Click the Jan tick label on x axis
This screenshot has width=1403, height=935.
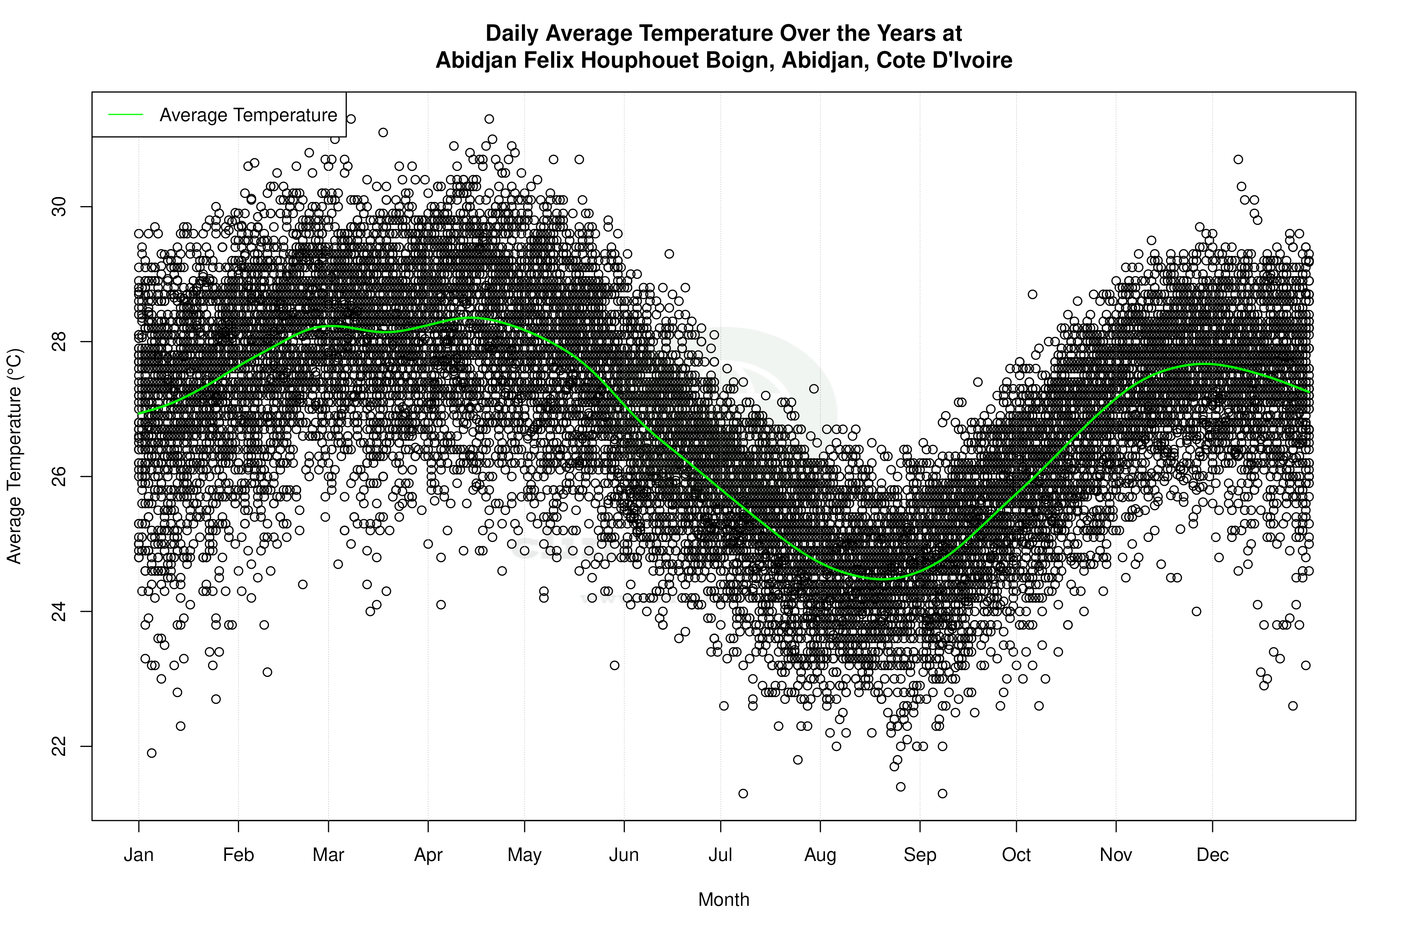(138, 855)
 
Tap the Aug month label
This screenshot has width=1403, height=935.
(820, 855)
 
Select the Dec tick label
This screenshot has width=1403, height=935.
(1213, 855)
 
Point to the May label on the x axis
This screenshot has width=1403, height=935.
(524, 855)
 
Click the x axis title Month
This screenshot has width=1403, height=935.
(724, 900)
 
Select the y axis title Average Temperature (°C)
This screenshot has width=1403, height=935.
(14, 456)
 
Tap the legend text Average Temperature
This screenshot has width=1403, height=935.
(248, 115)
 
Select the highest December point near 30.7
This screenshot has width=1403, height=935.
(1238, 159)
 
